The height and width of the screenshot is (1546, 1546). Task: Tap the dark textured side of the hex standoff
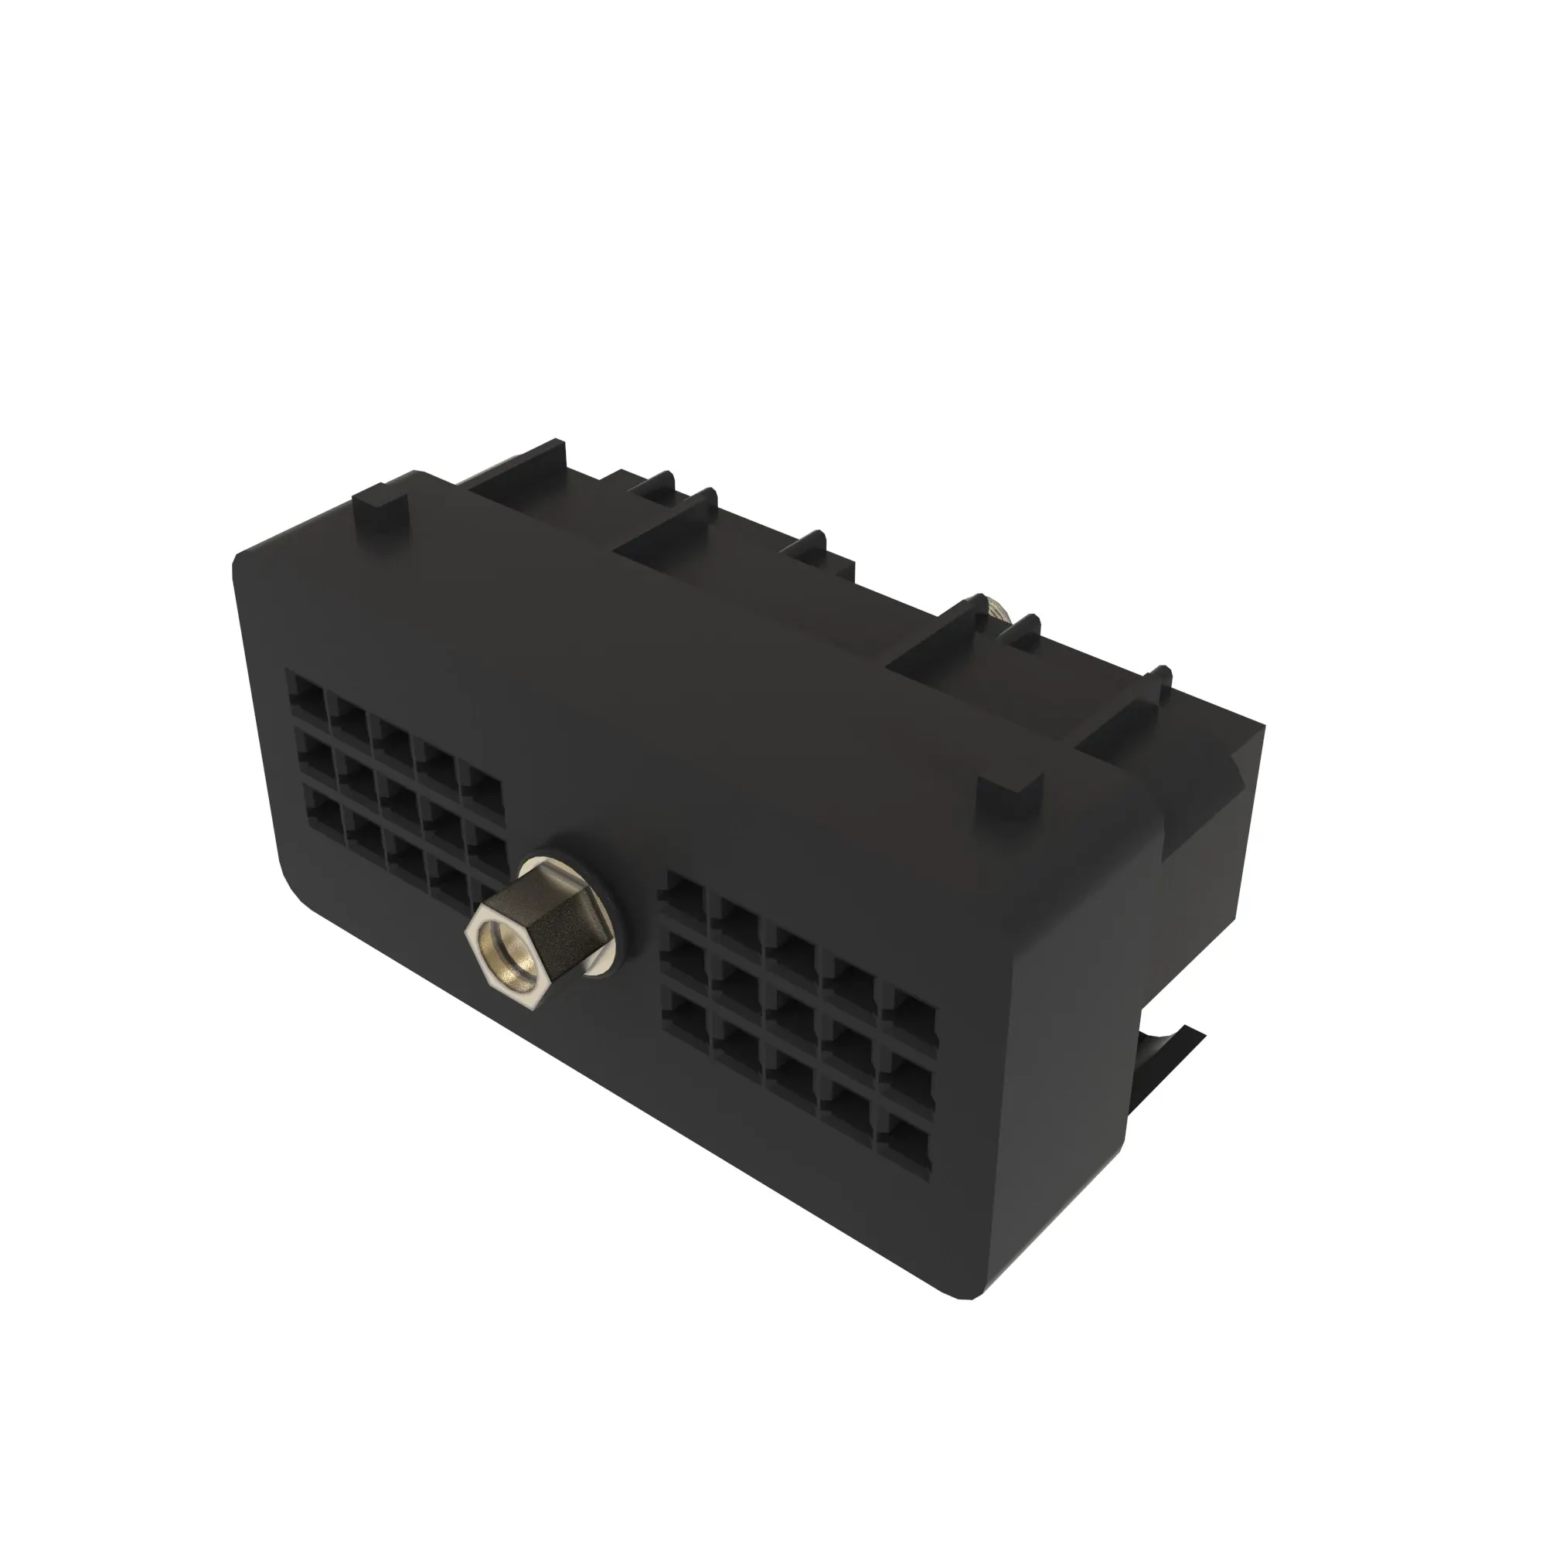pyautogui.click(x=552, y=928)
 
